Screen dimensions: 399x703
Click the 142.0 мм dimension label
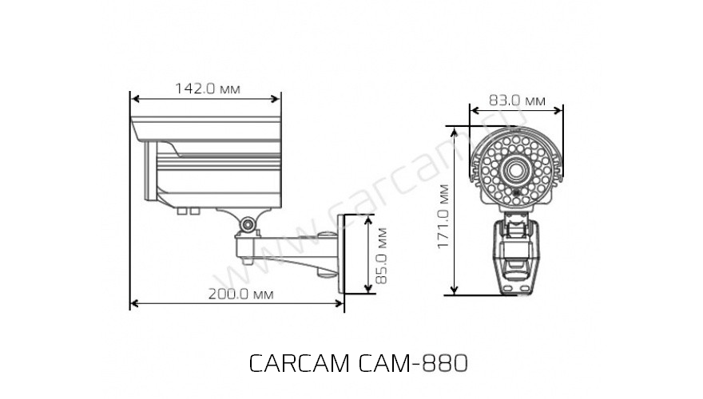point(207,89)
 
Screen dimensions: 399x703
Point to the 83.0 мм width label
point(517,101)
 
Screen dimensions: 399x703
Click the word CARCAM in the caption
point(299,364)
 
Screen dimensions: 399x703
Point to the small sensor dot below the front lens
point(515,192)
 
